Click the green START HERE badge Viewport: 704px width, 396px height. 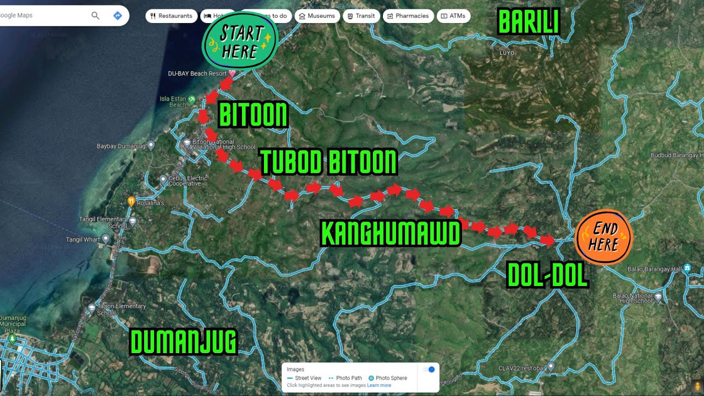tap(240, 42)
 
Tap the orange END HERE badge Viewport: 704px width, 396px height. tap(603, 238)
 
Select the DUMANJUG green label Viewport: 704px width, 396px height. tap(183, 342)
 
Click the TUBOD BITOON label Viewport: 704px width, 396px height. tap(328, 162)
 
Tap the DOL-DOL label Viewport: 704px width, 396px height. tap(547, 276)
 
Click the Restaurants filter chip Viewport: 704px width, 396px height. tap(171, 16)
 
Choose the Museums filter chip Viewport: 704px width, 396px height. tap(316, 16)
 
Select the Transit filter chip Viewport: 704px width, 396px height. tap(361, 16)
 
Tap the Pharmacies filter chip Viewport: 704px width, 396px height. tap(408, 16)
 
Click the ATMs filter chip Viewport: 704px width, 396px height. tap(453, 16)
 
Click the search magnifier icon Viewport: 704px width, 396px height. tap(95, 15)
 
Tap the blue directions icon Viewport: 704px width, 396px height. tap(117, 15)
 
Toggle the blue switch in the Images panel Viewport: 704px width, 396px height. tap(430, 370)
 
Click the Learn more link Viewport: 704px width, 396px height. tap(379, 386)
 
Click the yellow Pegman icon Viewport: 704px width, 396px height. tap(697, 386)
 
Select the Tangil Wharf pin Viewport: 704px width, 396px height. tap(106, 239)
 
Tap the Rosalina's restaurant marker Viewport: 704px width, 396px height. tap(131, 201)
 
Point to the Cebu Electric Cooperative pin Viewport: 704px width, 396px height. tap(163, 179)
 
